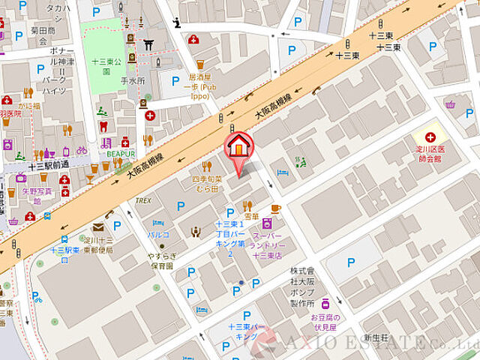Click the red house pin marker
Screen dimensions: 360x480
(x=238, y=145)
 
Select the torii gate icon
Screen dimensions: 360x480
(x=148, y=44)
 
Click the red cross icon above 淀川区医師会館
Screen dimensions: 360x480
(x=430, y=137)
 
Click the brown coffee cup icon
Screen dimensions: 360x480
(x=276, y=208)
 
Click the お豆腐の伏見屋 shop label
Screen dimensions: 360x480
(x=327, y=322)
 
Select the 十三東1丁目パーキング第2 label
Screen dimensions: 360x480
(x=229, y=239)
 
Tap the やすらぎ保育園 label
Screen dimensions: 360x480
(x=160, y=260)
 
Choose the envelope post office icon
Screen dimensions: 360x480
(x=97, y=227)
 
